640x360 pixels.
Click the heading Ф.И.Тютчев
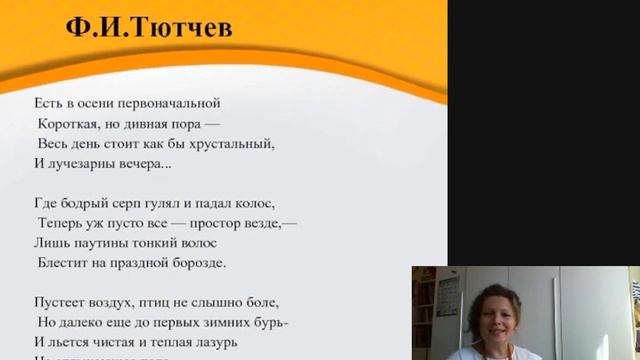pyautogui.click(x=149, y=26)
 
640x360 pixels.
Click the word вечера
pyautogui.click(x=146, y=163)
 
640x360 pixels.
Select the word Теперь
pyautogui.click(x=62, y=223)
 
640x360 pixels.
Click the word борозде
pyautogui.click(x=198, y=263)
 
